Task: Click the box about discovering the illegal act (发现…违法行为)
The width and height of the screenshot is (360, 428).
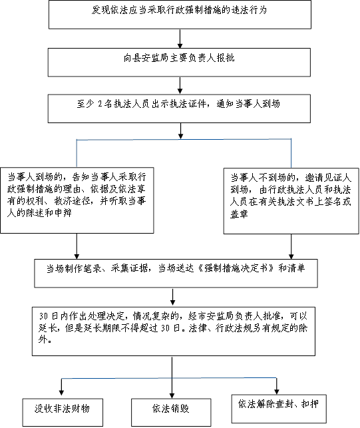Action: (180, 15)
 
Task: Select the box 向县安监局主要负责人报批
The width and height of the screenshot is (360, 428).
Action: (179, 62)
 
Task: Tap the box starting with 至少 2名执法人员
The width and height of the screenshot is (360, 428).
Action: (179, 108)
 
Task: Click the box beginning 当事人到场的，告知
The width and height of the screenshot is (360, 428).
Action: (77, 200)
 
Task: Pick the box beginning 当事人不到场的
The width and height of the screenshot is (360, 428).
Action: (291, 201)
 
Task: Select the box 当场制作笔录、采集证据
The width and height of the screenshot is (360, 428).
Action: (176, 273)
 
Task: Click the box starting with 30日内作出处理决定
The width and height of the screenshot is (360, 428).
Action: (174, 331)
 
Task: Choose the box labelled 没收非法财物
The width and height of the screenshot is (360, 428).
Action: (63, 412)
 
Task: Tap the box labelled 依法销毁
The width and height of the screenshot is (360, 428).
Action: (171, 412)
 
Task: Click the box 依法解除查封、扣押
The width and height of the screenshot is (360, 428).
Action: (279, 408)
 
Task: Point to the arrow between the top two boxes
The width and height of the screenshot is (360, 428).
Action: (180, 39)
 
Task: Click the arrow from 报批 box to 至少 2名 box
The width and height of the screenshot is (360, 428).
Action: (180, 85)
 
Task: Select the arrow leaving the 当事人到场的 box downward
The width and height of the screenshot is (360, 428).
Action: (77, 246)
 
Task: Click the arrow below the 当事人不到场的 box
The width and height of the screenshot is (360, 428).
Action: (291, 247)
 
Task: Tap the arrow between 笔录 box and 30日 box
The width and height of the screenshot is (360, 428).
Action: (172, 298)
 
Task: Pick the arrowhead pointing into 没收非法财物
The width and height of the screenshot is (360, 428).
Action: (61, 393)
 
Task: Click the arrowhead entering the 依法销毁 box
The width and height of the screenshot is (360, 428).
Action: (172, 395)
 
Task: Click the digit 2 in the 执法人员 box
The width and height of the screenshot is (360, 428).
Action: (100, 104)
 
